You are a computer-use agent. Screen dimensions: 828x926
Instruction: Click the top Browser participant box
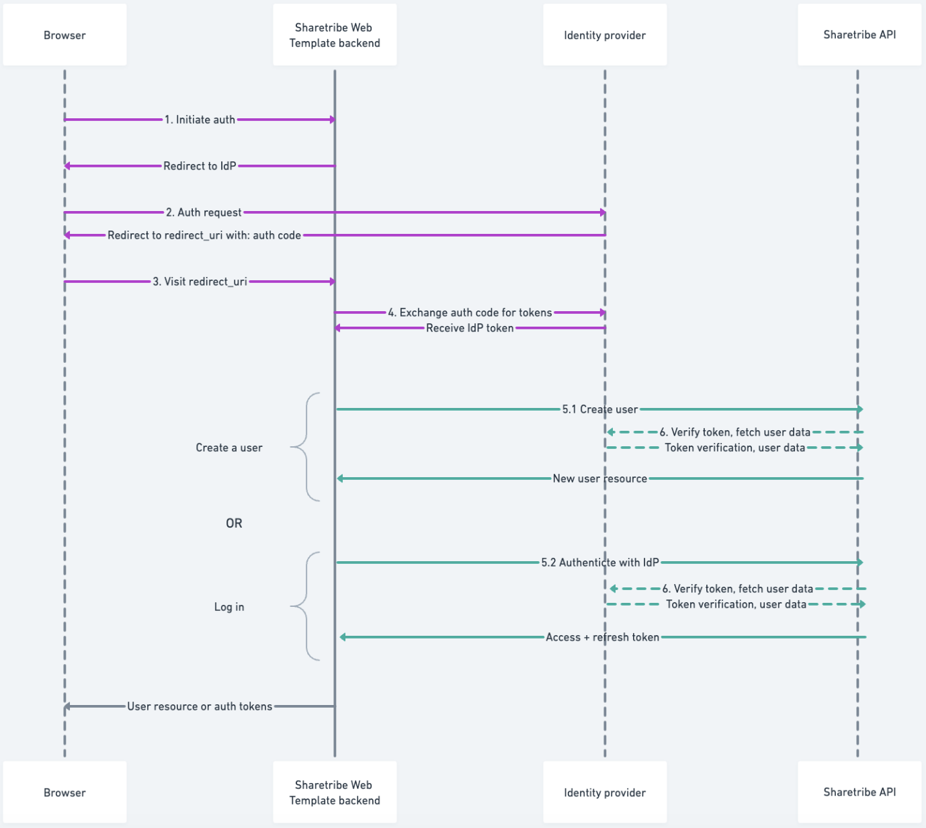point(65,35)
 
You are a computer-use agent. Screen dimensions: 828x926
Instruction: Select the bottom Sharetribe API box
point(859,792)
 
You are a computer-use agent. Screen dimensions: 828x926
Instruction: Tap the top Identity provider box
point(605,35)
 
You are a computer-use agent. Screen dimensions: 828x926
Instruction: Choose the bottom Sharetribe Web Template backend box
point(335,792)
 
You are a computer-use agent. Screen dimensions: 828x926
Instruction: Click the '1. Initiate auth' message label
point(200,120)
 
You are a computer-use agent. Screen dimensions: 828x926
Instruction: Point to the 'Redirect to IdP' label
point(200,166)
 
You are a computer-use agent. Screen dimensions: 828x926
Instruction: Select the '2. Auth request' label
point(204,212)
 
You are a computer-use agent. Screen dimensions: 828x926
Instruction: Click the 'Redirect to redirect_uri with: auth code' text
point(204,235)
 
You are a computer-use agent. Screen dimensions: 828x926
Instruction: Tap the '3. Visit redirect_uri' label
point(200,282)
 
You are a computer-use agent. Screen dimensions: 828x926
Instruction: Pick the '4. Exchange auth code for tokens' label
point(470,313)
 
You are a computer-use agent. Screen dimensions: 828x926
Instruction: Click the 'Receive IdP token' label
point(470,328)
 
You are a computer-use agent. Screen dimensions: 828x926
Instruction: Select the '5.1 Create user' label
point(600,409)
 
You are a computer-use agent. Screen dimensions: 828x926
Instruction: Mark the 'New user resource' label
point(600,479)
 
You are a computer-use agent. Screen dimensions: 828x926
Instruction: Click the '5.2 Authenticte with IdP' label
point(600,563)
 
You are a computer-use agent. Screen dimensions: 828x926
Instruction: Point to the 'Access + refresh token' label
point(602,637)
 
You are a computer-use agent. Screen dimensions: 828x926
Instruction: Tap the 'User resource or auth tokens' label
point(200,706)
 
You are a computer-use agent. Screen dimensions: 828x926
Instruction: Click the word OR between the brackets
point(234,523)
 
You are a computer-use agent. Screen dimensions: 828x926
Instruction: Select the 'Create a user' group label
point(229,448)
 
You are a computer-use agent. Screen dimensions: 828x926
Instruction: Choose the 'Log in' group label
point(229,607)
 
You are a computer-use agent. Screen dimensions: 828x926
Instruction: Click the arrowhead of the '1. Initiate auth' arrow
point(332,120)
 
